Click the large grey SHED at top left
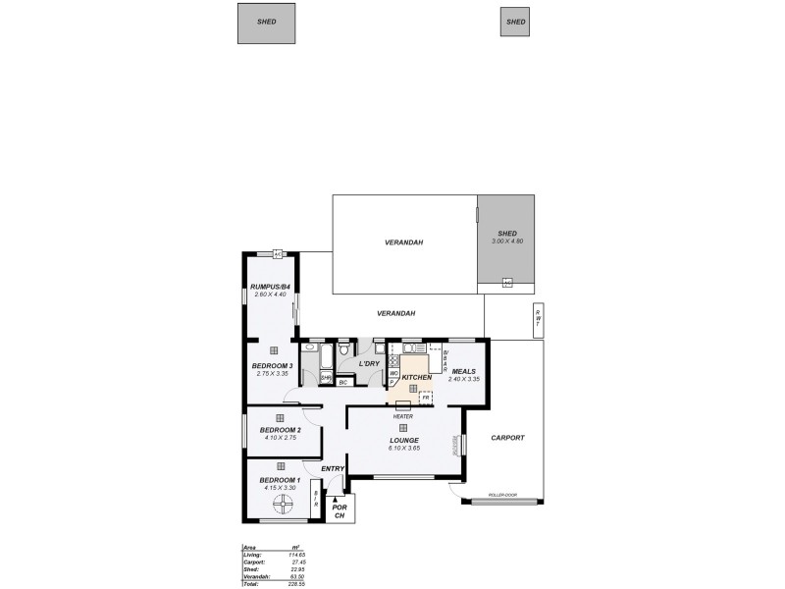(x=266, y=23)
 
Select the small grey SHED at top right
(x=514, y=22)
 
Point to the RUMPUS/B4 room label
(x=270, y=287)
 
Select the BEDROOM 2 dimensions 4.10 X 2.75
(x=280, y=439)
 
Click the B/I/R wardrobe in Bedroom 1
(x=316, y=498)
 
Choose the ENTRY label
(x=333, y=469)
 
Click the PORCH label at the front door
(x=340, y=511)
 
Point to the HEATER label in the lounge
(x=403, y=416)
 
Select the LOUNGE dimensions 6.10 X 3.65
(x=404, y=449)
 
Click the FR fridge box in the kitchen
(x=426, y=398)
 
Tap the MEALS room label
(x=464, y=371)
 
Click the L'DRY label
(x=369, y=364)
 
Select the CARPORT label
(x=507, y=438)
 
